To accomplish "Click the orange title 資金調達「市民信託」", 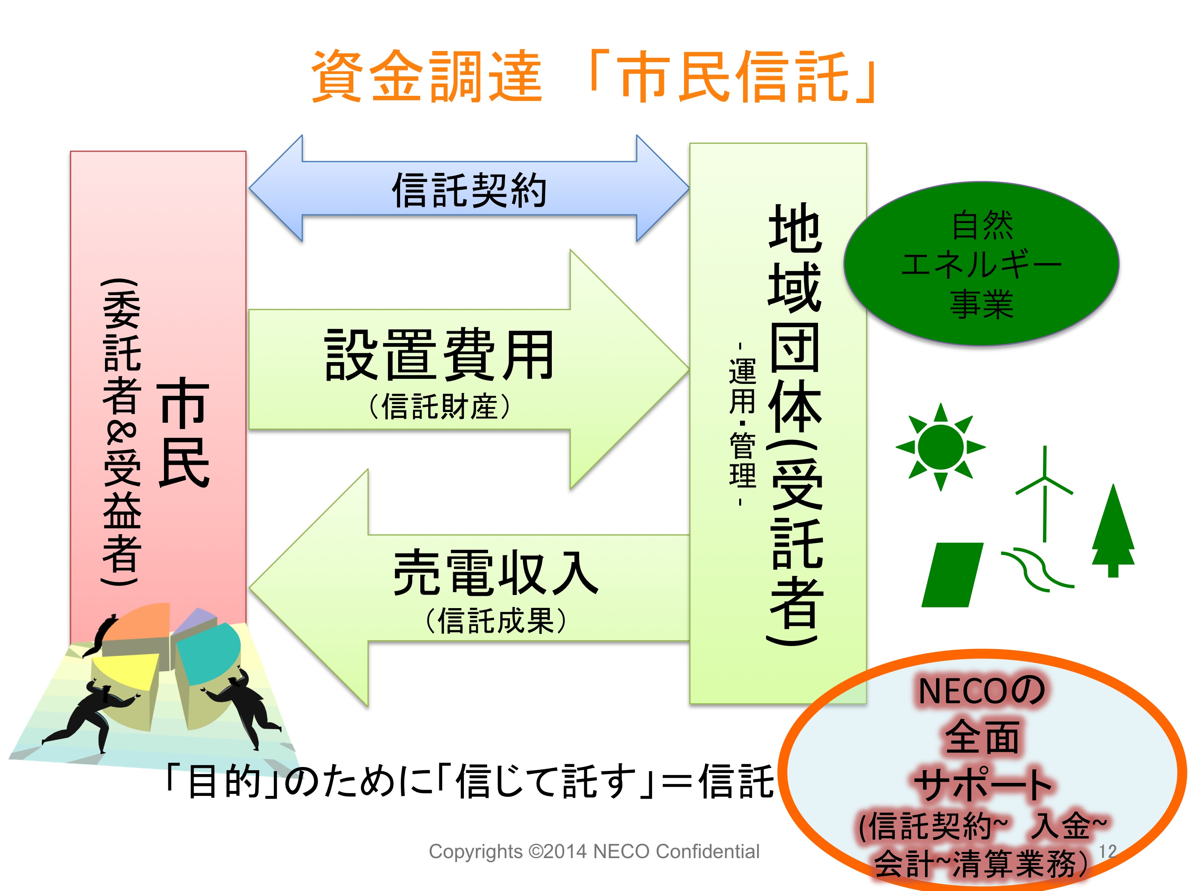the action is pyautogui.click(x=594, y=76).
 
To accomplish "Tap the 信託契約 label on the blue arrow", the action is pyautogui.click(x=469, y=190).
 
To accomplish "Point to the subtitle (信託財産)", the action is pyautogui.click(x=439, y=406).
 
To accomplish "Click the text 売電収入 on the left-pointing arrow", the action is pyautogui.click(x=496, y=572).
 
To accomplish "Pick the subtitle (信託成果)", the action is pyautogui.click(x=496, y=621).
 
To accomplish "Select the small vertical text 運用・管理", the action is pyautogui.click(x=742, y=424).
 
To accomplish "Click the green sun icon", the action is pyautogui.click(x=940, y=447).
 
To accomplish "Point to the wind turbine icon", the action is pyautogui.click(x=1044, y=493).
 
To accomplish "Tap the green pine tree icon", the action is pyautogui.click(x=1113, y=530).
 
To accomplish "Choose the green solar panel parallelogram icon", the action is pyautogui.click(x=952, y=575).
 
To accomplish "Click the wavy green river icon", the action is pyautogui.click(x=1037, y=569).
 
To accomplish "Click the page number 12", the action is pyautogui.click(x=1108, y=851).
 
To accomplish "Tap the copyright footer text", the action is pyautogui.click(x=594, y=851).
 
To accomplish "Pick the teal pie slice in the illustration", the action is pyautogui.click(x=209, y=653).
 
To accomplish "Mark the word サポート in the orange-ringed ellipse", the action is pyautogui.click(x=983, y=785).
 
